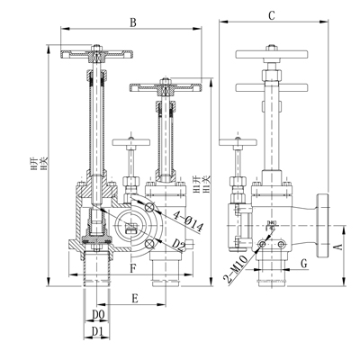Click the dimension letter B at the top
[x=133, y=21]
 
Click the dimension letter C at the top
[x=272, y=15]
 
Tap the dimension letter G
[x=304, y=264]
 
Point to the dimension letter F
[x=132, y=267]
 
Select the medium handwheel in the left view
[x=166, y=87]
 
